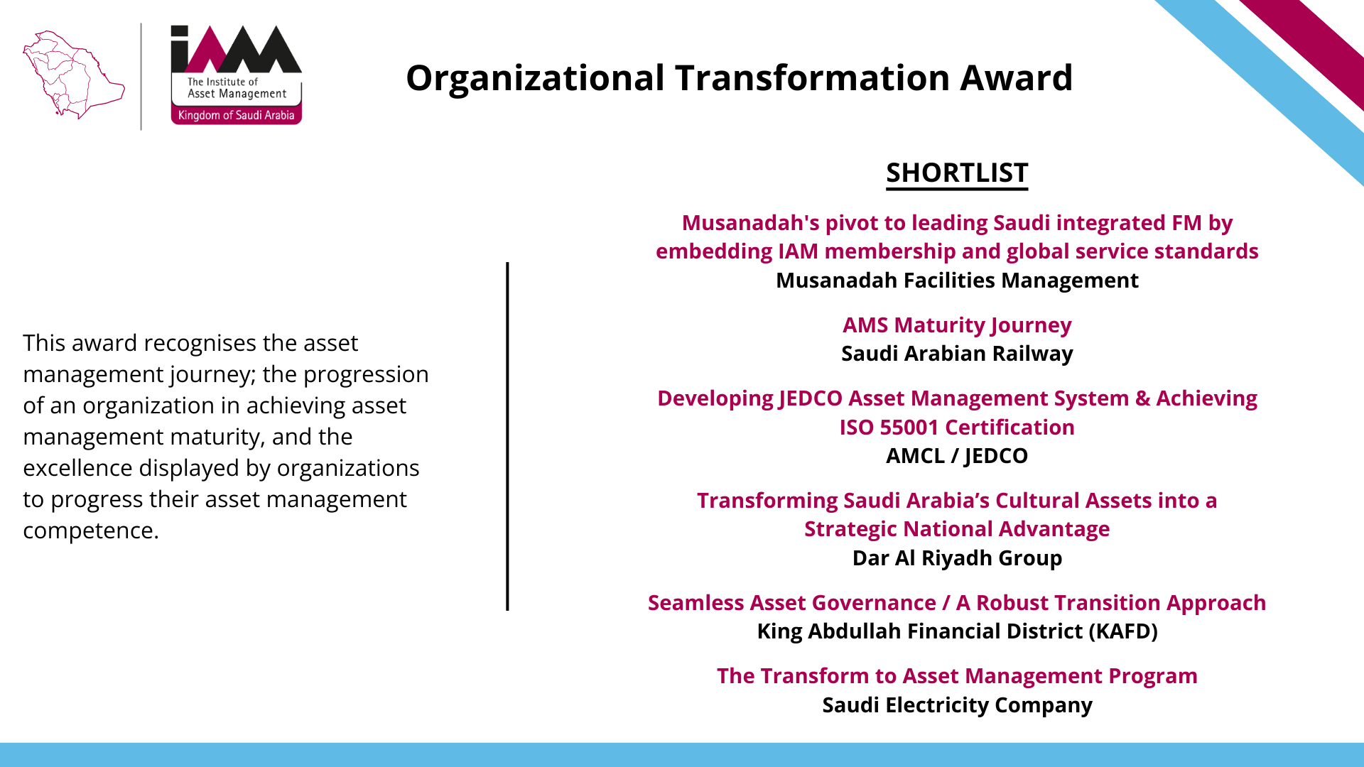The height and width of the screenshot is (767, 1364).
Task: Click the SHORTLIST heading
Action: click(x=957, y=173)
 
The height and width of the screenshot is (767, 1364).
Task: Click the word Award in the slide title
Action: click(x=1016, y=77)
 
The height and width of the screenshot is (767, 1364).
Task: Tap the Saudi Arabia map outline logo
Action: click(x=73, y=75)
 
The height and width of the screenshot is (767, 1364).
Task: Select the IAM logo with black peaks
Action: click(x=236, y=75)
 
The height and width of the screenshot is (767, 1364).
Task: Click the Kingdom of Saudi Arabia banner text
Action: click(x=236, y=115)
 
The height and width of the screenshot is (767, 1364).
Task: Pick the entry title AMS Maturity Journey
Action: click(x=957, y=325)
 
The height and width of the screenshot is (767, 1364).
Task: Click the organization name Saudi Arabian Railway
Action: click(x=957, y=354)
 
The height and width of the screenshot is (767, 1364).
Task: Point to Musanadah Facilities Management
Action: click(x=957, y=281)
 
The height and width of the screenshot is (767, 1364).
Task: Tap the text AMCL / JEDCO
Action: click(x=957, y=456)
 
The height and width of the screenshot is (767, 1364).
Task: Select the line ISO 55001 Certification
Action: click(x=957, y=428)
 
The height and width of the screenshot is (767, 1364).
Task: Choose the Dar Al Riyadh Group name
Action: click(x=957, y=558)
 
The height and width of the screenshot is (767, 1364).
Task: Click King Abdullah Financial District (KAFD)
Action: click(x=957, y=631)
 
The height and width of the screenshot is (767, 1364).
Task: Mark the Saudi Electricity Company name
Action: click(x=957, y=705)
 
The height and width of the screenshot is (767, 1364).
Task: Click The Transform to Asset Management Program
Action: click(x=957, y=676)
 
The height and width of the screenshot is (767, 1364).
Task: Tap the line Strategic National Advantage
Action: click(x=957, y=529)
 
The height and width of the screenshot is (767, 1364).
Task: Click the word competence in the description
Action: click(x=90, y=531)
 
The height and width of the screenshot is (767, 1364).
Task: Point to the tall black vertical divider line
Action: click(x=507, y=436)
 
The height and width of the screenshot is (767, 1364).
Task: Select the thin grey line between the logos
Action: click(x=141, y=77)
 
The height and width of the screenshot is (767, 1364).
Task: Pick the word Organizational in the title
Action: click(x=535, y=78)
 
